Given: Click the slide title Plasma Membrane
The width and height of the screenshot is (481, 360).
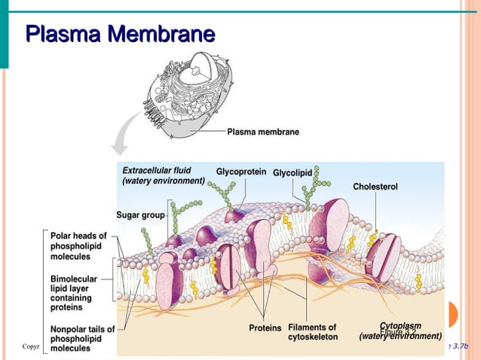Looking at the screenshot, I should (x=120, y=35).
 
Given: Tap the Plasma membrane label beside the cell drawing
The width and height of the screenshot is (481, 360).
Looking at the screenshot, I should (x=263, y=132).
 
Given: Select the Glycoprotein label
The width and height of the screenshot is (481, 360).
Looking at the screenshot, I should (x=240, y=172).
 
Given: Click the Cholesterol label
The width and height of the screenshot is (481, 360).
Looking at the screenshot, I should (x=375, y=186).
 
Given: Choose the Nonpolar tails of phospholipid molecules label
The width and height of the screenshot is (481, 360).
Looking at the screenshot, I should (x=81, y=338).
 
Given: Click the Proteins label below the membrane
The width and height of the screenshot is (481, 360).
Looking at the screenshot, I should (x=265, y=328).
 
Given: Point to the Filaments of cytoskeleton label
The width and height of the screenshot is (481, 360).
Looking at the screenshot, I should (x=312, y=332).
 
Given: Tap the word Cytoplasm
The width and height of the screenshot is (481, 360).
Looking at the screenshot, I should (x=400, y=327).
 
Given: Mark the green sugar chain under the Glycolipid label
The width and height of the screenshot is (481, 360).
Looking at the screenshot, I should (x=311, y=192).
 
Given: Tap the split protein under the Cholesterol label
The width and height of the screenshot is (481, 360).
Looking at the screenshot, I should (x=383, y=256).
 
